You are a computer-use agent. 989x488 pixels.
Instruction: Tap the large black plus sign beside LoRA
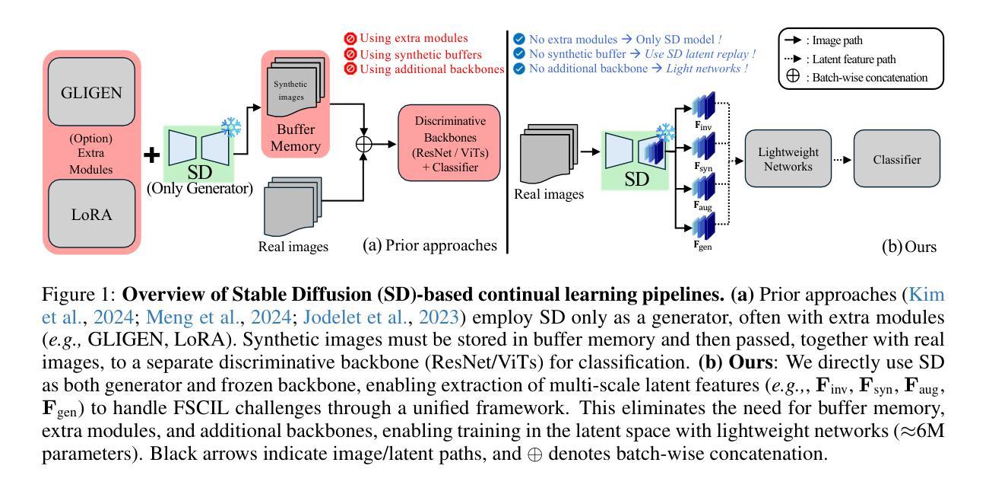[x=153, y=155]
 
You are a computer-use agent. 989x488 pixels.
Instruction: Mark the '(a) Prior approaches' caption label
[x=431, y=245]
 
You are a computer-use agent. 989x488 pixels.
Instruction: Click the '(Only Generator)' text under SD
[x=200, y=188]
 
